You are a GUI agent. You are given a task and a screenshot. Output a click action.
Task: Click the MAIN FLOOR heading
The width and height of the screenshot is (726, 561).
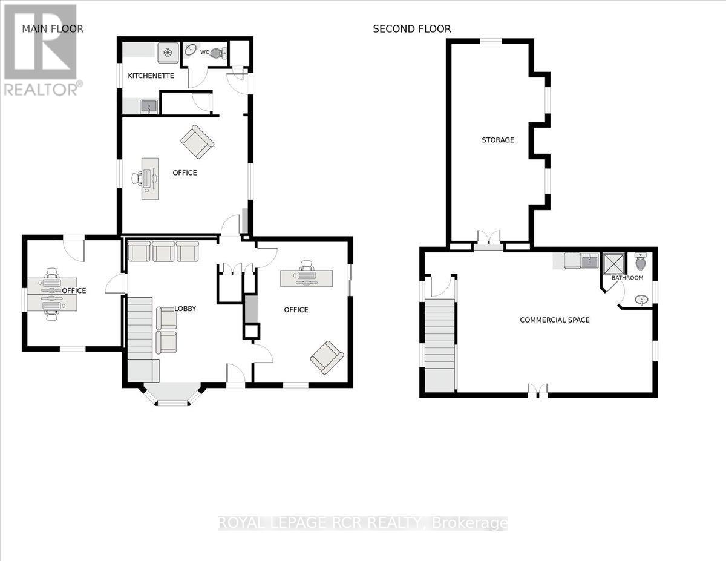point(53,28)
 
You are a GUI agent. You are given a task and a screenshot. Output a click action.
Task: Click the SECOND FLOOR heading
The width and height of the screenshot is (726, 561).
point(411,28)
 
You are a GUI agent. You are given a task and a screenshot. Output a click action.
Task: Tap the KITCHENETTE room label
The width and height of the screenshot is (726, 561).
point(151,76)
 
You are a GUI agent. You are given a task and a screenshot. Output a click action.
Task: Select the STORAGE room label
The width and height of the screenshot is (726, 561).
point(497,140)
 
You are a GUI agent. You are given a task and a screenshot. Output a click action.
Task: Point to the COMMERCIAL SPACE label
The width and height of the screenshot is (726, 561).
point(554,320)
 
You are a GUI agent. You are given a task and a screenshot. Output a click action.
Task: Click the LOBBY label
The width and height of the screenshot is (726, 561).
point(185,308)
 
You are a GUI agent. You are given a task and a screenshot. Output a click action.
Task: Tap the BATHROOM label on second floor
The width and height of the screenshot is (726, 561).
point(627,278)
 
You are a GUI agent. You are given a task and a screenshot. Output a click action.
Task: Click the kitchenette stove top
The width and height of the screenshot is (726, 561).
point(168,53)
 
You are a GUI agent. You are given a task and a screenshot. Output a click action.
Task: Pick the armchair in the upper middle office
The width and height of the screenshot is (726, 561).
point(197,142)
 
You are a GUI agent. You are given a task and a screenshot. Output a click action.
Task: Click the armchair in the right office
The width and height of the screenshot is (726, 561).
point(327,357)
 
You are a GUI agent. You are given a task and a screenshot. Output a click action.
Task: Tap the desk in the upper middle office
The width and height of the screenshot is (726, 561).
point(150,179)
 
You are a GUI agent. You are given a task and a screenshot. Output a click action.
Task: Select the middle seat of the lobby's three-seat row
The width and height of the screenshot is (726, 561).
point(163,251)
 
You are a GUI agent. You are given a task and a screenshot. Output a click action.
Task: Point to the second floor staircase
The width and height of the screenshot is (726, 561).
point(440,345)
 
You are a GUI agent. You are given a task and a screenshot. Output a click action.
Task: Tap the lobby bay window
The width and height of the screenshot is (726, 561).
point(172,396)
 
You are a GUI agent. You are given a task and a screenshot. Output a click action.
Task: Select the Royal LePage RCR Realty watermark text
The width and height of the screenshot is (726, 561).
point(362,523)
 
